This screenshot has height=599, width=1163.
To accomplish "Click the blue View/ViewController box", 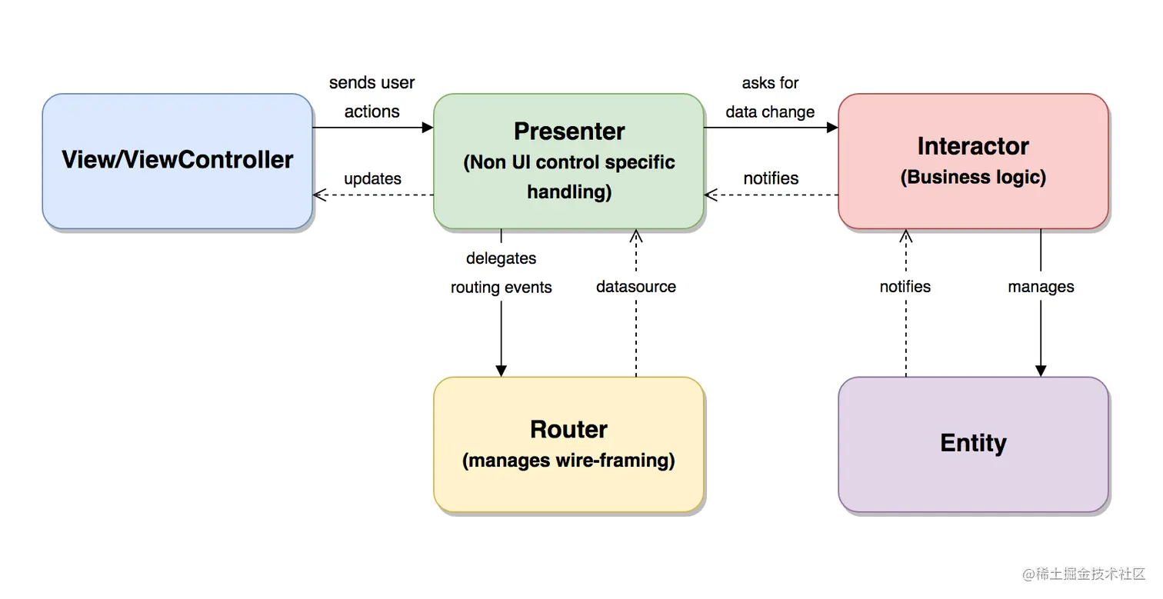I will point(177,161).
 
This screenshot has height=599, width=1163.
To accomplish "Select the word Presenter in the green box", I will point(568,131).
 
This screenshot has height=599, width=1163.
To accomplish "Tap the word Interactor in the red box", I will point(973,146).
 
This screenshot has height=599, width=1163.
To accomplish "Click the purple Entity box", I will point(973,443).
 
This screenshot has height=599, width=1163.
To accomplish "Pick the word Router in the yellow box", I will point(568,429).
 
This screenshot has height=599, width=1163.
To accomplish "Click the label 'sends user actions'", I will point(372,97).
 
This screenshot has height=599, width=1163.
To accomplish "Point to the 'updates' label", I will point(372,178).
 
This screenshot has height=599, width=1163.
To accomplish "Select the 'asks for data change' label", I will point(770,97).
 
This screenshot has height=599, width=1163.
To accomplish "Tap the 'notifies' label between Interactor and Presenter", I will point(771,178).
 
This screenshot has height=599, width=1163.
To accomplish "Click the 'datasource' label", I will point(636,287).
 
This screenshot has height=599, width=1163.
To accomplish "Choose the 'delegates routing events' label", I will point(502,273).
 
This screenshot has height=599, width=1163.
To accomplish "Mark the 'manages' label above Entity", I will point(1041,287).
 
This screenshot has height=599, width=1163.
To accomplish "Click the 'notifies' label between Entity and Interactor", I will point(905,287).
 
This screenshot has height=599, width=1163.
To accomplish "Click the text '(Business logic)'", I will point(973,177).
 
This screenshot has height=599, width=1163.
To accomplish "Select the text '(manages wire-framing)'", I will point(568,461).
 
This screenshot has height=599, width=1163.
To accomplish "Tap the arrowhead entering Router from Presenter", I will point(502,371).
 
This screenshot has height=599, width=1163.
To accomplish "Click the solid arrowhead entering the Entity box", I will point(1041,371).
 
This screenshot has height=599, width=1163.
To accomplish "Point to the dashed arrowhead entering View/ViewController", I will point(319,195).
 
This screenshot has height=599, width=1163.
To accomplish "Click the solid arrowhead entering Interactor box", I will point(832,128).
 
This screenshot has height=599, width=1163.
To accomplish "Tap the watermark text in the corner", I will point(1084,574).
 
